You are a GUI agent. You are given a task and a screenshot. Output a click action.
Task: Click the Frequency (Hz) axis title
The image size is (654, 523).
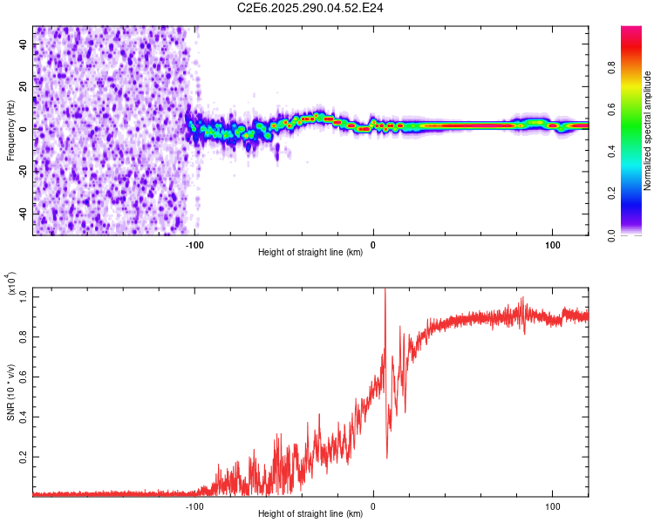[10, 130]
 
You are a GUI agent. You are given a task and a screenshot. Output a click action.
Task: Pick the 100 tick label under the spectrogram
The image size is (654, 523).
[553, 245]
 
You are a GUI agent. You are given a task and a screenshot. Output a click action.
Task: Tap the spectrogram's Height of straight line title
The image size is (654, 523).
[310, 253]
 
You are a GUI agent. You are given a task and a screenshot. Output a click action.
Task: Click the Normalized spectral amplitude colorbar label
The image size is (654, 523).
[648, 131]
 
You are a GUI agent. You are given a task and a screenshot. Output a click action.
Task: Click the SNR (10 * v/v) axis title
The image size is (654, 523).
[10, 391]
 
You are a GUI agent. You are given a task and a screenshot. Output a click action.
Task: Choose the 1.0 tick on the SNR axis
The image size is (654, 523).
[24, 296]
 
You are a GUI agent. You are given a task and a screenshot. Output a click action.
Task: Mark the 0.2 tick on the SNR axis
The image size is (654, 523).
[24, 456]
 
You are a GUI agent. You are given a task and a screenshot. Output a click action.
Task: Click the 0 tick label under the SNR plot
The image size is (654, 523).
[373, 506]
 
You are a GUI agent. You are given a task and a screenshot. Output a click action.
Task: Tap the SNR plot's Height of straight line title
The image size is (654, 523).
[310, 514]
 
